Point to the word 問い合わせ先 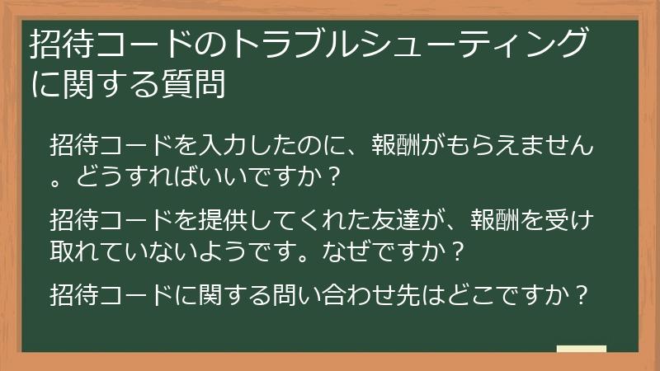tap(323, 293)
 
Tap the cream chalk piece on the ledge tap(582, 349)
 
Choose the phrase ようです tap(264, 249)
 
